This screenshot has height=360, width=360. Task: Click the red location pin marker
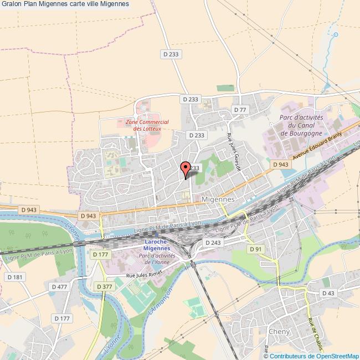pos(186,168)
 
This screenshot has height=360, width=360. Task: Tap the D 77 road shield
pos(240,110)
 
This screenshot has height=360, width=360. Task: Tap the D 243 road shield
pos(213,243)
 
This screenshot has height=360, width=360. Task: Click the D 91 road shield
pos(255,249)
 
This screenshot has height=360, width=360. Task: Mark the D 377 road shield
pos(104,286)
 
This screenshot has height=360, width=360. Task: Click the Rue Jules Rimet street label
pos(143,275)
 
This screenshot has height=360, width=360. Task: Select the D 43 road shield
pos(328,293)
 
